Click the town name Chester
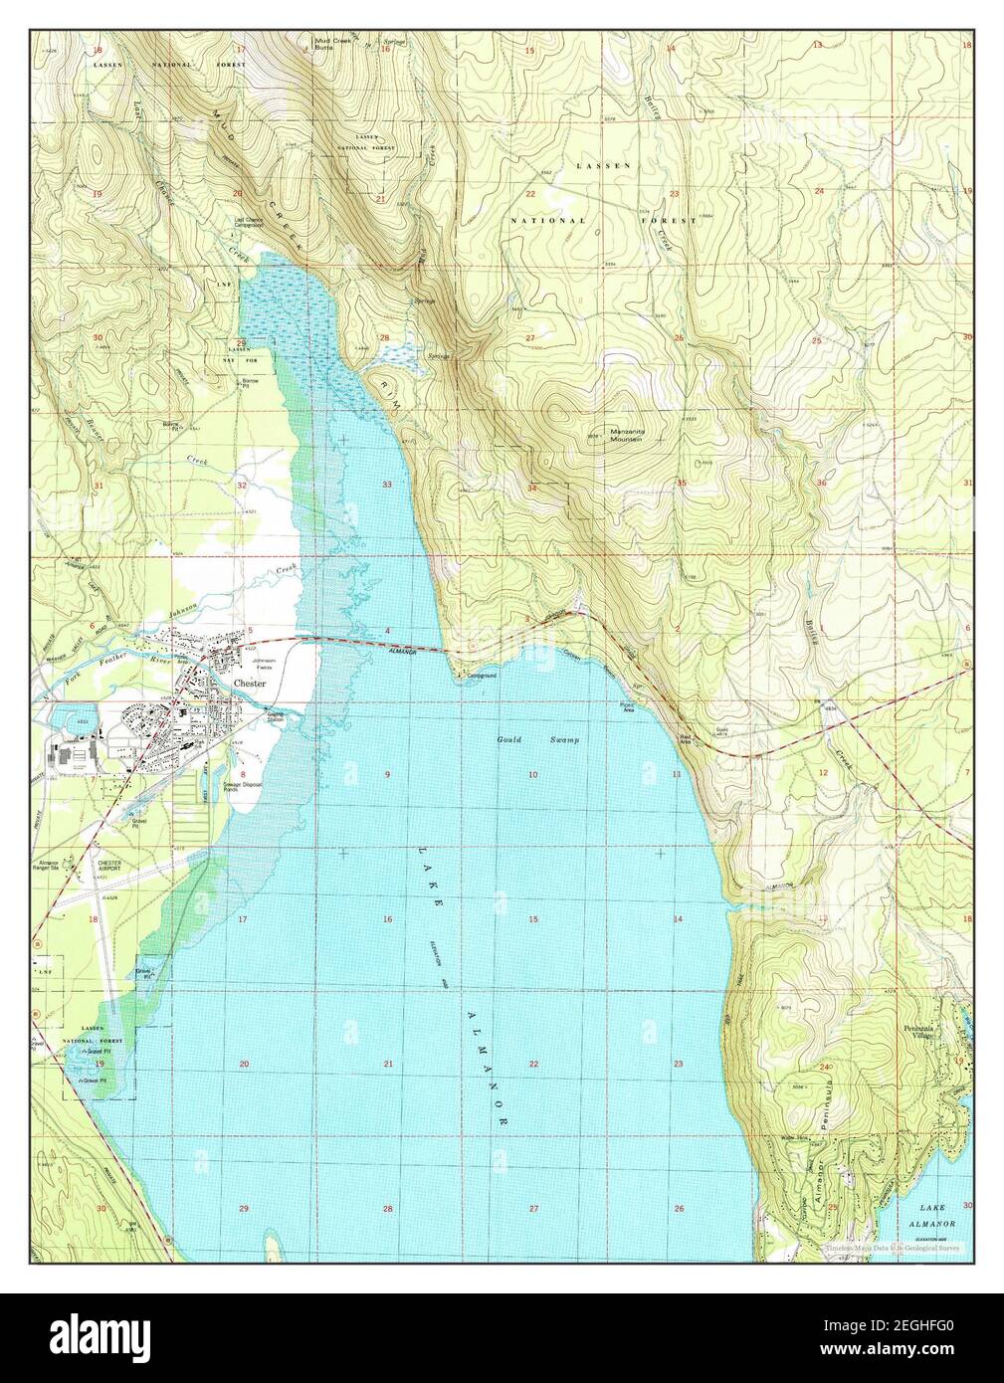tap(253, 684)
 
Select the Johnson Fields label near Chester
tap(264, 664)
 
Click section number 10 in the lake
tap(533, 774)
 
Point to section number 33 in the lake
tap(388, 484)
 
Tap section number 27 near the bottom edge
tap(533, 1208)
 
